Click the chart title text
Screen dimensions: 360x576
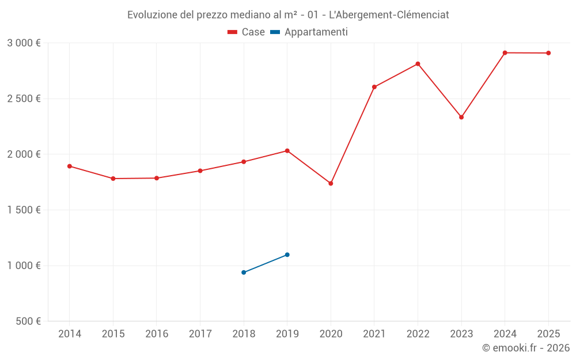point(288,15)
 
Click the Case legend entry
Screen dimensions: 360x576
point(247,32)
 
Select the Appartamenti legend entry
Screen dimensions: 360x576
point(309,32)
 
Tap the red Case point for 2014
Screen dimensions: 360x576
point(70,166)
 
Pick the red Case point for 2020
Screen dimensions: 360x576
point(331,183)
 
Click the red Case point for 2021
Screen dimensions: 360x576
point(374,87)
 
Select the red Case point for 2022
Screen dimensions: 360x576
point(418,64)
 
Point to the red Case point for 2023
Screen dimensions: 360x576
point(461,117)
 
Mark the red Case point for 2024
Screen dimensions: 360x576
point(505,53)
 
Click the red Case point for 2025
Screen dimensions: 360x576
point(548,53)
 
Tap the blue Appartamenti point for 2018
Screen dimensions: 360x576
point(244,272)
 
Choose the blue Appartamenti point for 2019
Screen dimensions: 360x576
point(287,255)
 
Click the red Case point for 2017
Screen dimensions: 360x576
point(200,170)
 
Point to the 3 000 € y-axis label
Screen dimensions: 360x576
point(24,43)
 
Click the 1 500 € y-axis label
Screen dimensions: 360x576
point(24,210)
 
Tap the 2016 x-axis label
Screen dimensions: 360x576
point(157,334)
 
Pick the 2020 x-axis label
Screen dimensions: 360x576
point(331,334)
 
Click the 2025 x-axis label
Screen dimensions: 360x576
point(548,334)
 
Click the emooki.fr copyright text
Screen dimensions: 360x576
point(525,348)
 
